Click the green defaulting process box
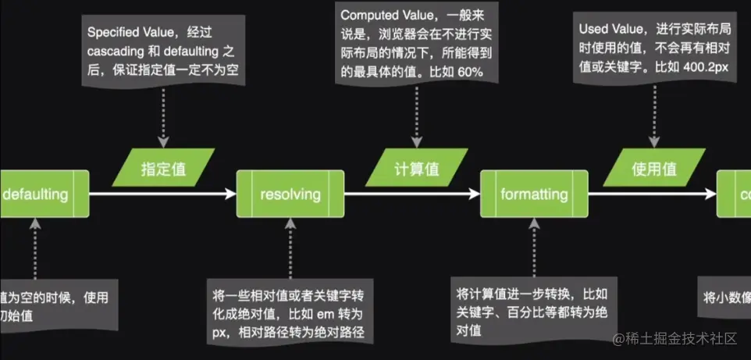pos(39,194)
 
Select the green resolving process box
pos(290,194)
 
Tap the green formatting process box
pos(534,194)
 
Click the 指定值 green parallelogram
pos(163,169)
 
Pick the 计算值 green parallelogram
pos(415,169)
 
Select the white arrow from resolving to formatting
pos(411,194)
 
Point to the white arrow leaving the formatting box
pos(653,194)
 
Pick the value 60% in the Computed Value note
pos(467,71)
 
